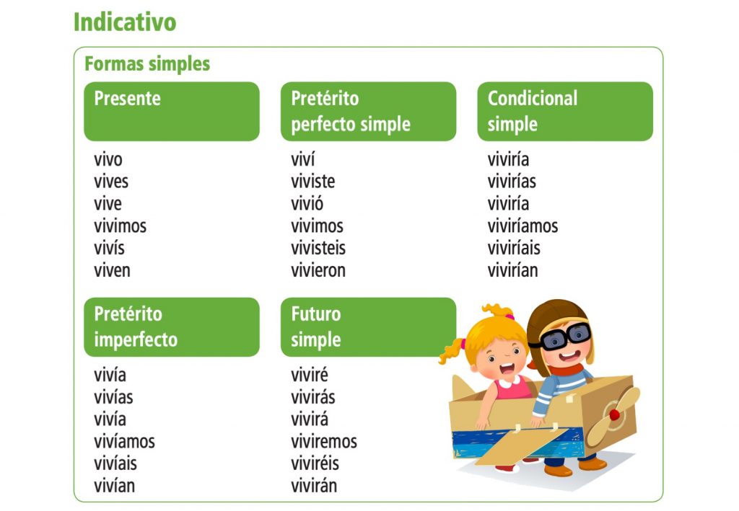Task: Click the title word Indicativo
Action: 124,22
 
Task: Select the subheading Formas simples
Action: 147,63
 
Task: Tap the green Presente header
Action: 171,111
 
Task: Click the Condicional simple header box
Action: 564,111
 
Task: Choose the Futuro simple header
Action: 368,326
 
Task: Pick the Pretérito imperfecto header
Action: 171,326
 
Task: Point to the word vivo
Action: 108,159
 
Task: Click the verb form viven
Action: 112,271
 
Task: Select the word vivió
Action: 307,204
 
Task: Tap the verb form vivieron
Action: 318,271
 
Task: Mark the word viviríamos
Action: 522,226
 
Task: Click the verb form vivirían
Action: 512,271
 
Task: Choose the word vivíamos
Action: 124,441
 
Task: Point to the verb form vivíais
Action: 115,463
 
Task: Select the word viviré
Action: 310,375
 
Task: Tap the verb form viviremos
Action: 324,441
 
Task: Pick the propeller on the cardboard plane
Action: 613,416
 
